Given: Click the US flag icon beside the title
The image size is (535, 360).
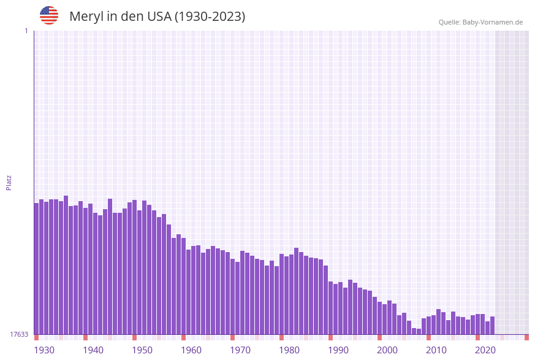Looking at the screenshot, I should pos(49,15).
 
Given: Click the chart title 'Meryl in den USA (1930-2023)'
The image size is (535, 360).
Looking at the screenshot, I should pos(157,17).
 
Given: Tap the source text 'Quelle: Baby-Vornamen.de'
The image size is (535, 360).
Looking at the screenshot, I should pos(480,22).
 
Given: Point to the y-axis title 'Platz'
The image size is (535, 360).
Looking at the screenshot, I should pos(9,182).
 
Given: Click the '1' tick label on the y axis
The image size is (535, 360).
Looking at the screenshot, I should pos(26,31).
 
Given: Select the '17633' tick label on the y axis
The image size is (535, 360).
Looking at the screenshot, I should pos(19,334).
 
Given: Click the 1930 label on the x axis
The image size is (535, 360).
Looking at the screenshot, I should pos(44,350).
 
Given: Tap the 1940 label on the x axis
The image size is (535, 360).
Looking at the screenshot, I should pos(93,350).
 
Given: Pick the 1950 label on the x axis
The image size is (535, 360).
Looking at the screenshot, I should pos(142,350).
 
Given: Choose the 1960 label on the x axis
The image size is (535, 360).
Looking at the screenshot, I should pos(191,350).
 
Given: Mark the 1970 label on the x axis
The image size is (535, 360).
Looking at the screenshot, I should pos(240,350).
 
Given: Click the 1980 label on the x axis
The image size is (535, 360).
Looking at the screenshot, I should pos(289,350).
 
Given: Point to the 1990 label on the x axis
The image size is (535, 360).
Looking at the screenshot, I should pos(338,350).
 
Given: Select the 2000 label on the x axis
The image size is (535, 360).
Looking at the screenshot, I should pos(387,350).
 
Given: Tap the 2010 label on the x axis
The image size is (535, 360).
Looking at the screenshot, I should pos(436,350).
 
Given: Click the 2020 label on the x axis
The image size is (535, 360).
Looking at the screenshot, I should pos(485,350).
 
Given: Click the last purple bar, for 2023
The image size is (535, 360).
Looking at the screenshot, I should pos(492,326).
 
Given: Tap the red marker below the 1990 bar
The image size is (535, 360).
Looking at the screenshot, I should pos(330,337).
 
